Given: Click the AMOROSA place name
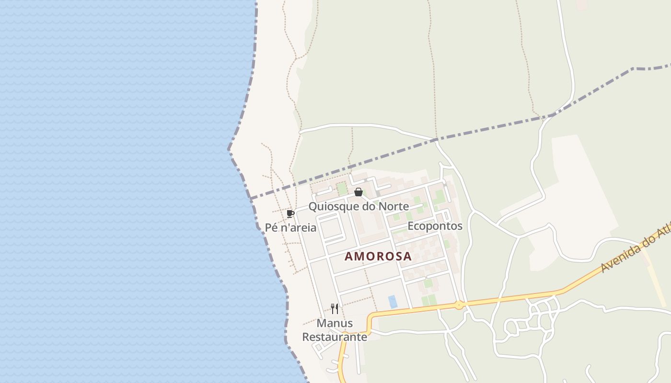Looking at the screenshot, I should (x=378, y=256).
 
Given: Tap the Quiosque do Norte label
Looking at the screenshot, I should (x=359, y=206).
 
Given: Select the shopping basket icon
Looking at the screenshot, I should (x=358, y=192).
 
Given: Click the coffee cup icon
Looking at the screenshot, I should (x=290, y=214).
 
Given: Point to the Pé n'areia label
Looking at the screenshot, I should (x=291, y=227).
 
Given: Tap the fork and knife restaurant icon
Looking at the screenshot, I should (x=335, y=309).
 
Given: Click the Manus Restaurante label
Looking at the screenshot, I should (x=335, y=330).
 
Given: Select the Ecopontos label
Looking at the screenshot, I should (x=435, y=226).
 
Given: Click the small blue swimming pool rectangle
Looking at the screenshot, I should (x=393, y=302).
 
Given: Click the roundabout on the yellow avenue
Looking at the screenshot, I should (x=459, y=304).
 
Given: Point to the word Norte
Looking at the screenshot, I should (x=393, y=206).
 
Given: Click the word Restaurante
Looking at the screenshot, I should (x=335, y=337).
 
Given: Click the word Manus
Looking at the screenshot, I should (x=335, y=323).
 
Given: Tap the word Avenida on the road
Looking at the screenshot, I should (x=619, y=258).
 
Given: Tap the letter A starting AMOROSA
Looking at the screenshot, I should (x=349, y=256).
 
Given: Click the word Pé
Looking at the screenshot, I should (x=271, y=227).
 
